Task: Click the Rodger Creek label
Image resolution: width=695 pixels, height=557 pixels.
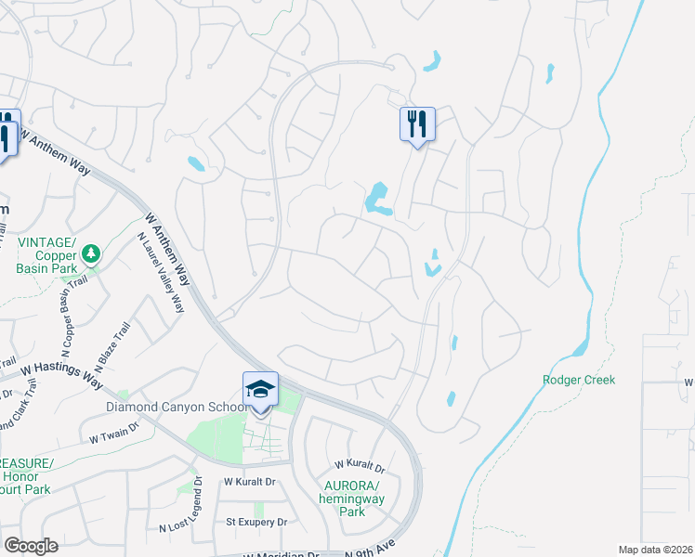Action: (579, 380)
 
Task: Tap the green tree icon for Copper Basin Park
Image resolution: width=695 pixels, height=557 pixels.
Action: (90, 253)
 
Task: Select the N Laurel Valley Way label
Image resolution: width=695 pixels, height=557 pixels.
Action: (161, 273)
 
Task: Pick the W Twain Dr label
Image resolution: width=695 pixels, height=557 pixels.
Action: (113, 433)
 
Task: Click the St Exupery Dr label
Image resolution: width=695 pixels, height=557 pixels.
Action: (256, 523)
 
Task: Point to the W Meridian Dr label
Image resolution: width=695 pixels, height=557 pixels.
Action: (279, 554)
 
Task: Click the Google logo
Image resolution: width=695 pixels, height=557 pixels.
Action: (31, 546)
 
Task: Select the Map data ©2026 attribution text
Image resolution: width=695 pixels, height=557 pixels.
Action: (655, 550)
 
